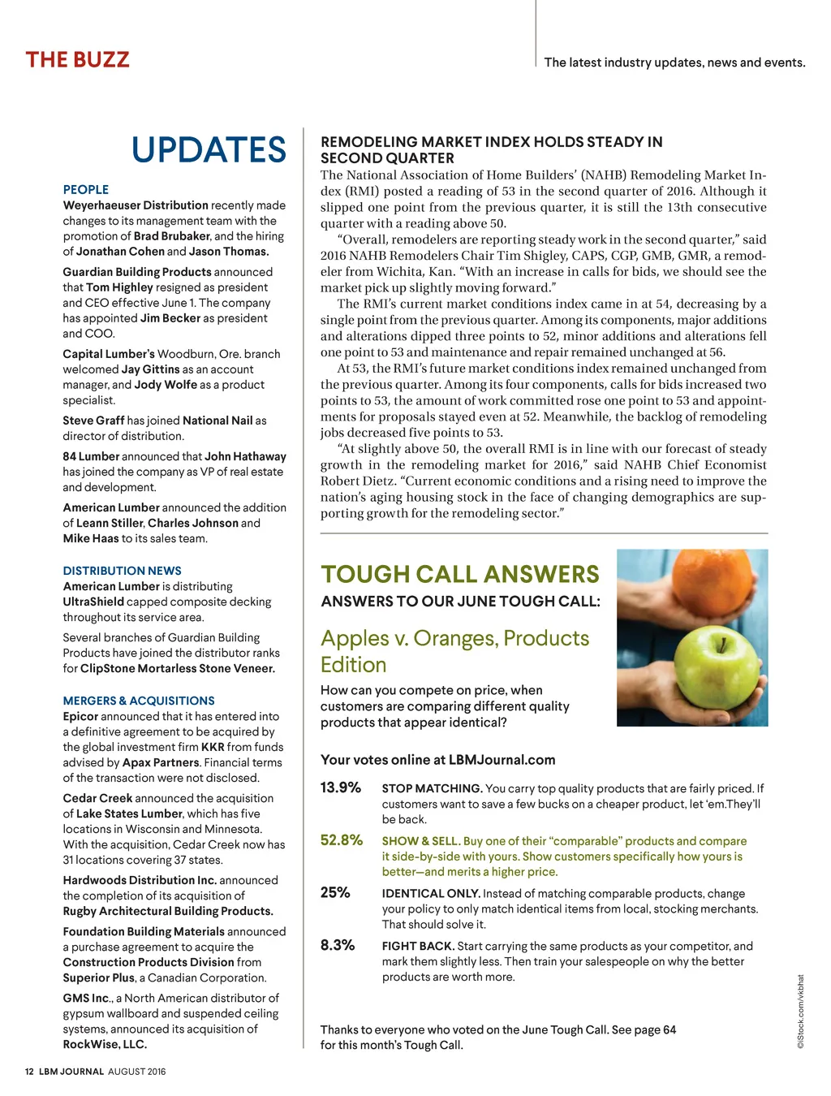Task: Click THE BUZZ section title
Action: click(78, 60)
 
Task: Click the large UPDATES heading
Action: click(209, 150)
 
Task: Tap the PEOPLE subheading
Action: click(86, 189)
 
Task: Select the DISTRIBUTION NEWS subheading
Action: click(123, 571)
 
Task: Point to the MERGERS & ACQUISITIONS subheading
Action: click(139, 701)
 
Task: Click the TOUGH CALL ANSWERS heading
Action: click(460, 575)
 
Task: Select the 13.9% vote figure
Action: click(341, 787)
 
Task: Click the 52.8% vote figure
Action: click(342, 840)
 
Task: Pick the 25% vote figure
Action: click(335, 893)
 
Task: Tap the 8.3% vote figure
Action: click(338, 945)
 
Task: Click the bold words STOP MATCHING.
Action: click(432, 788)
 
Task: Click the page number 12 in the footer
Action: click(29, 1072)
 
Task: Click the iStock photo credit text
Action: click(800, 1012)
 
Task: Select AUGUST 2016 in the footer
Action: click(136, 1072)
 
